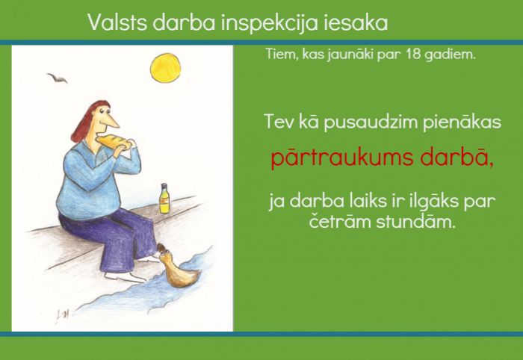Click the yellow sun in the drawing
(165, 68)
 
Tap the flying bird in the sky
(57, 78)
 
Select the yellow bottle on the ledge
(164, 199)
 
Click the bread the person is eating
(114, 141)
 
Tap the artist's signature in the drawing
(62, 315)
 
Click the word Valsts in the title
(117, 22)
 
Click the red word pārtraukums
(342, 158)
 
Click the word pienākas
(462, 122)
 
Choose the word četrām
(340, 220)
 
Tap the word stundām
(415, 221)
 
